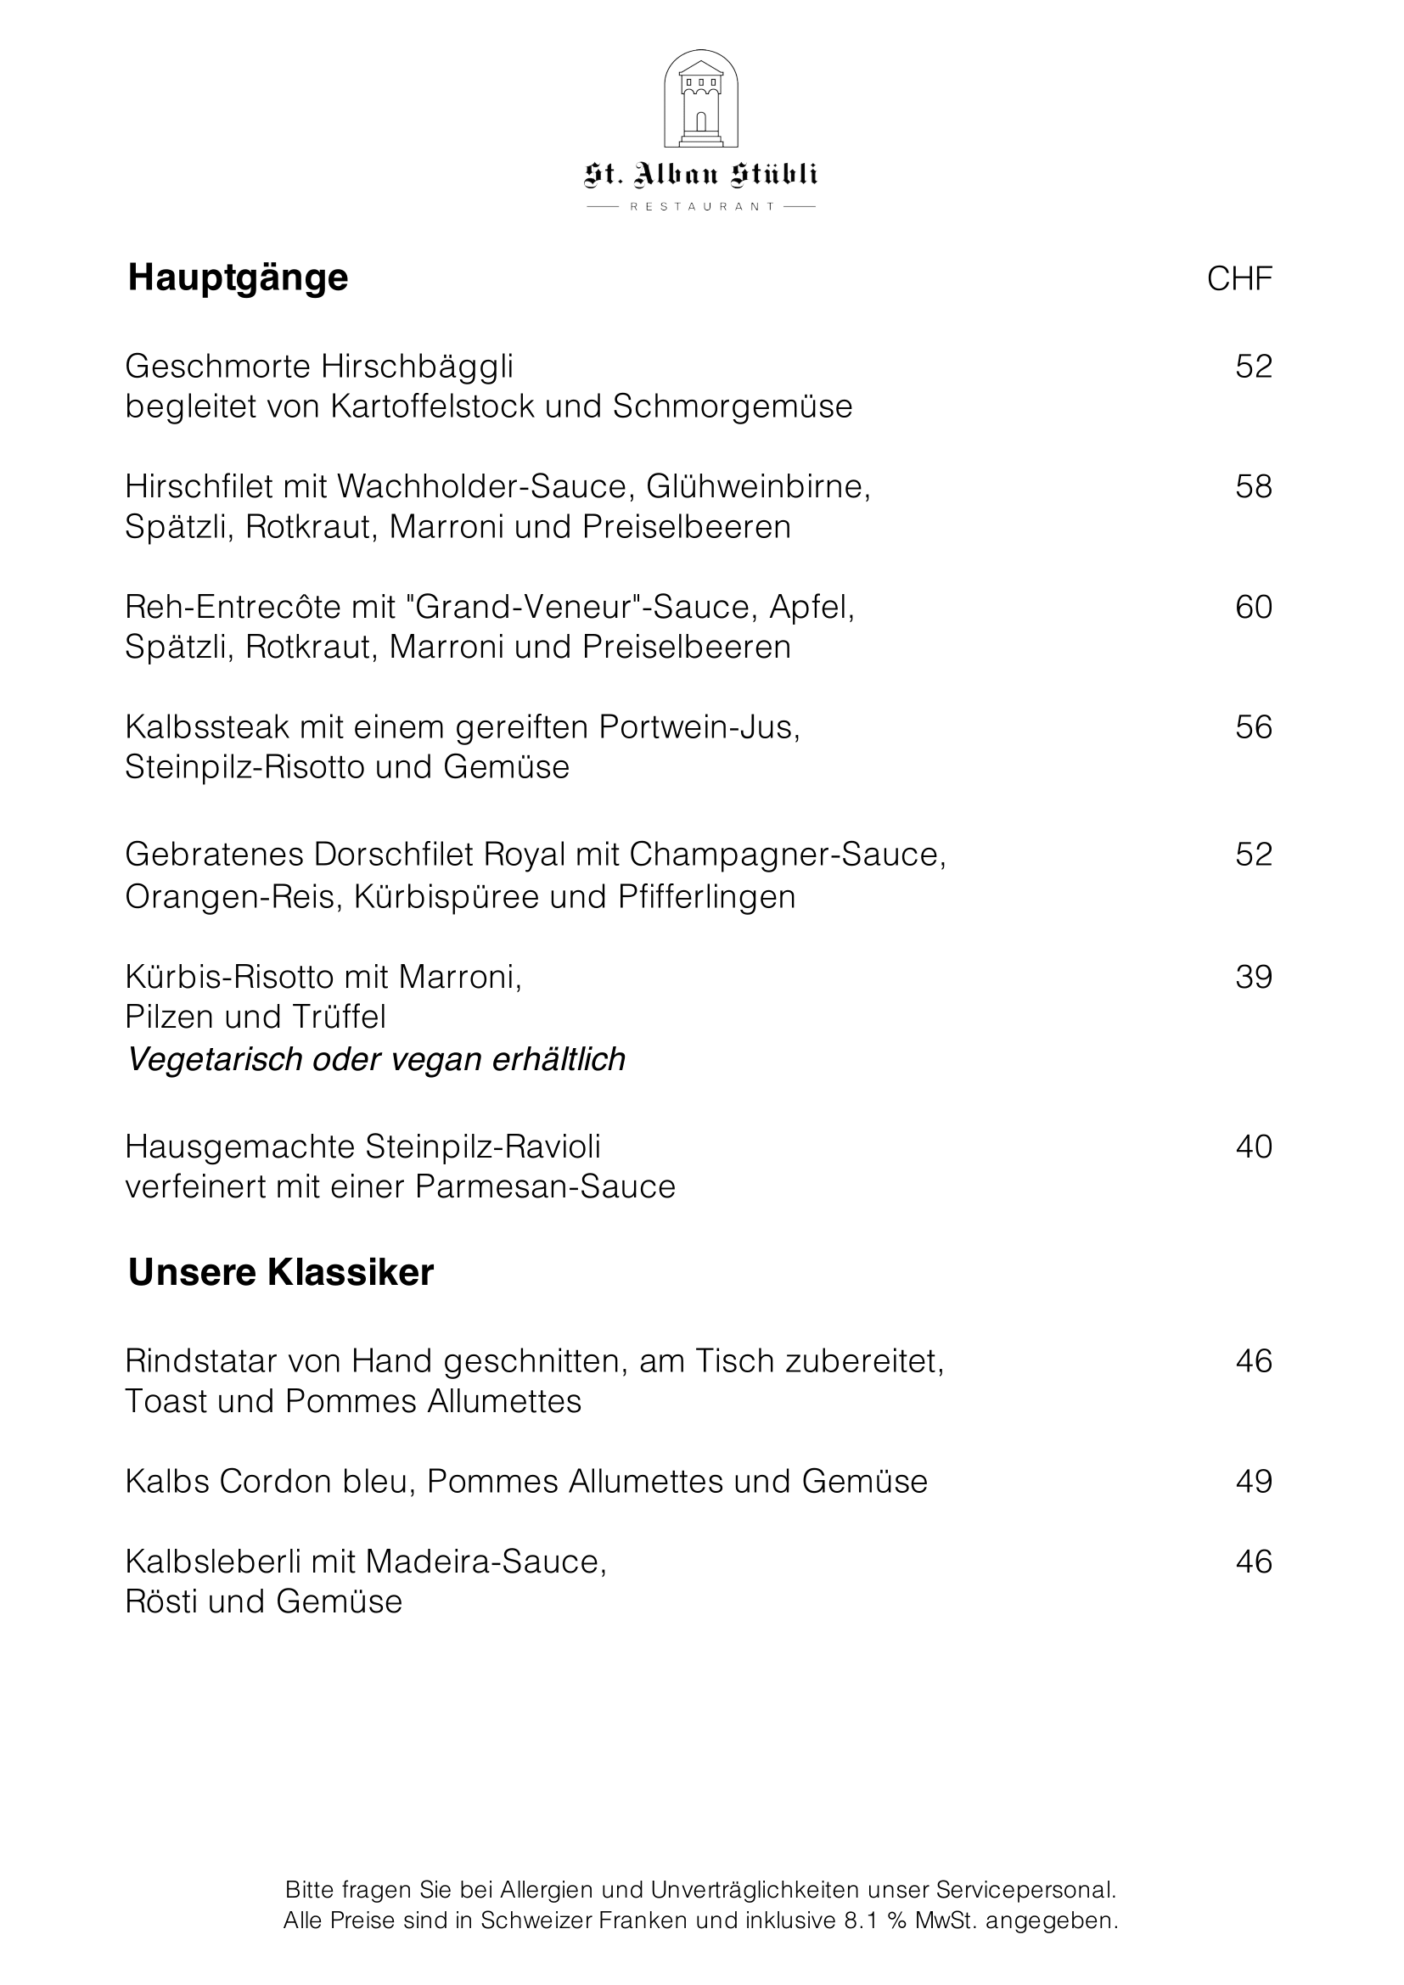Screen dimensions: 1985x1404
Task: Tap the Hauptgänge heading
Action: point(238,278)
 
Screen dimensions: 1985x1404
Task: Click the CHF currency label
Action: point(1238,279)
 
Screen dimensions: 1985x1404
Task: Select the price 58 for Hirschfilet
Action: point(1254,487)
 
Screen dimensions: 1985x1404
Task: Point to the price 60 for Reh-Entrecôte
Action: point(1254,607)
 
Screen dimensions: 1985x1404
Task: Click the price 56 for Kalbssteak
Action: point(1254,727)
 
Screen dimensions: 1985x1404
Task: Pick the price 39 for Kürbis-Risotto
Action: point(1254,977)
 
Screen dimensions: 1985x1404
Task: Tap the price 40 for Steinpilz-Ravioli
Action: point(1254,1147)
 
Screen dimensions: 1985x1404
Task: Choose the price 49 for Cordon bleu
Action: point(1254,1481)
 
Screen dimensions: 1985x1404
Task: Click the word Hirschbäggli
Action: point(417,367)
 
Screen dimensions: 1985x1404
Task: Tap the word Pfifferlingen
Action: point(706,896)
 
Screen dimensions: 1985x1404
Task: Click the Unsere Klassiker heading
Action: point(281,1273)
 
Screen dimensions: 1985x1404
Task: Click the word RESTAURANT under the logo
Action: point(701,206)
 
